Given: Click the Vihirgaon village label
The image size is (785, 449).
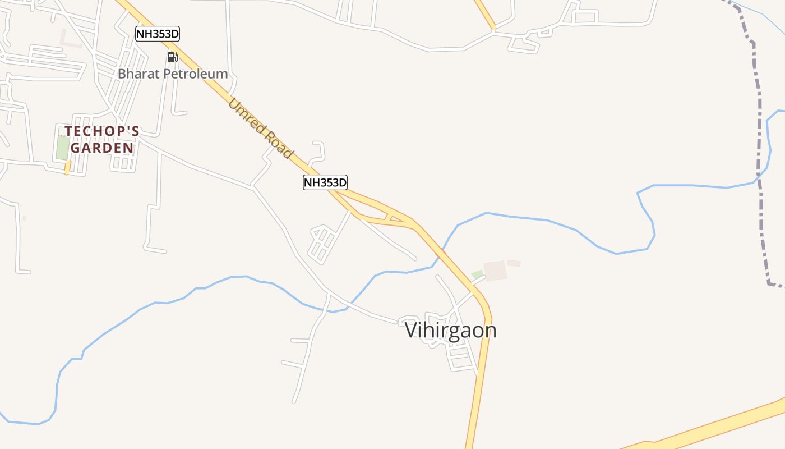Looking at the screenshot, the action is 450,330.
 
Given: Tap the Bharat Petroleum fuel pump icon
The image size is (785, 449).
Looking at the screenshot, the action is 172,57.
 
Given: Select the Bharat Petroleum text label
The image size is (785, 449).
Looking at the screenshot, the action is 173,74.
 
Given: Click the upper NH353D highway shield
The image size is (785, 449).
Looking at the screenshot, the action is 158,34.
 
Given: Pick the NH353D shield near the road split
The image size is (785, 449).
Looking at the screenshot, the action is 325,182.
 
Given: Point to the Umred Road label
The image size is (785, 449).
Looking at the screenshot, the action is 261,129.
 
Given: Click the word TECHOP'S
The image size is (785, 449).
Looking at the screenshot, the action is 102,131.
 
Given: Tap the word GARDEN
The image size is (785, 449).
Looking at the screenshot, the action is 102,148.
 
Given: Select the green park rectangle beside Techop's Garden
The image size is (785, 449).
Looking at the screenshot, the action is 62,147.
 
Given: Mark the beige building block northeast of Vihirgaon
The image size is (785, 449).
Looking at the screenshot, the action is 495,271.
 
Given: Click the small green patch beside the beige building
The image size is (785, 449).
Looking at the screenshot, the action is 477,274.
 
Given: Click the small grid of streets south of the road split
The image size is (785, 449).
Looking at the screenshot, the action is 322,244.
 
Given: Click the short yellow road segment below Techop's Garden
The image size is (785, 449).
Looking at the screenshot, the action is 67,167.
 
